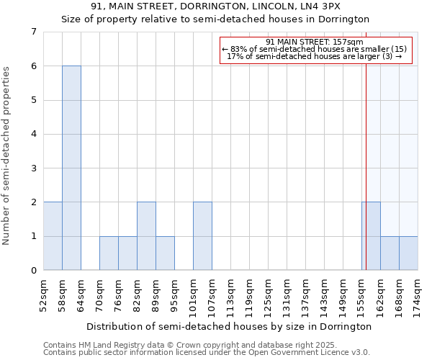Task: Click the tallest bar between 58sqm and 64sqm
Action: tap(71, 168)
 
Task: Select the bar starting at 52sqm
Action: tap(53, 236)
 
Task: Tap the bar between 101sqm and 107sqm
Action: tap(202, 236)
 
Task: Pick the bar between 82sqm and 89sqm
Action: tap(146, 236)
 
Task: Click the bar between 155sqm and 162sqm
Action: tap(371, 236)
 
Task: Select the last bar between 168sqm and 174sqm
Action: tap(408, 253)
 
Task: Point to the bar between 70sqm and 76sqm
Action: tap(109, 253)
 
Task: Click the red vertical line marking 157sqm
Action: tap(366, 158)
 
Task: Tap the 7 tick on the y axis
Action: tap(33, 32)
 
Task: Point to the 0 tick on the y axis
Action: tap(33, 271)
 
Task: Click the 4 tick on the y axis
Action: tap(33, 134)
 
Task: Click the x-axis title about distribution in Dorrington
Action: tap(230, 326)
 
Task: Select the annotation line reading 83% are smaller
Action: tap(315, 48)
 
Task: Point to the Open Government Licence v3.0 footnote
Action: tap(207, 353)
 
